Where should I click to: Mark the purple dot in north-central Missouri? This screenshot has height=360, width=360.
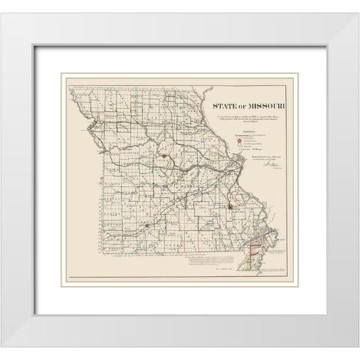pyautogui.click(x=162, y=135)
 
